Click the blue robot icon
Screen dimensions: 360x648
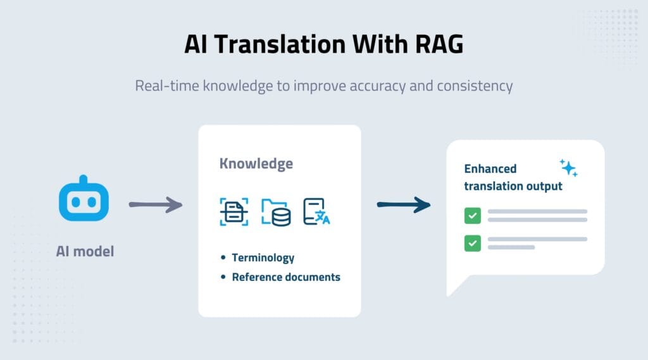click(84, 202)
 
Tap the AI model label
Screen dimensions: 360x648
click(85, 251)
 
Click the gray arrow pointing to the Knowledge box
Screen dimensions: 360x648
click(155, 204)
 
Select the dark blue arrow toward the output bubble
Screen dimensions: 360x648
click(403, 204)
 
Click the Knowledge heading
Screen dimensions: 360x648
click(256, 164)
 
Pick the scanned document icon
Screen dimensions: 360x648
click(234, 212)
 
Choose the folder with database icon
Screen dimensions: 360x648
click(277, 213)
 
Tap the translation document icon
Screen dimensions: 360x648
click(317, 211)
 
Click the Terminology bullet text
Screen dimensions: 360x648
click(263, 258)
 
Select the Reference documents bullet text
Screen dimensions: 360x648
click(285, 277)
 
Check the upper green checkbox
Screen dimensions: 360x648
click(472, 216)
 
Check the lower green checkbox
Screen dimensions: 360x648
click(472, 243)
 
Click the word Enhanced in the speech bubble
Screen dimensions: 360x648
click(490, 169)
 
